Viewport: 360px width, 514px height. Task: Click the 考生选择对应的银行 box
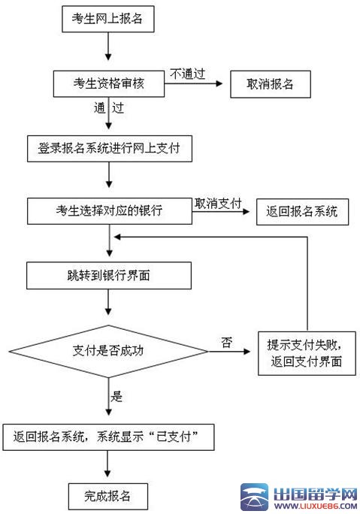[109, 211]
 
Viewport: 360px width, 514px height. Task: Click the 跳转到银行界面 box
[109, 275]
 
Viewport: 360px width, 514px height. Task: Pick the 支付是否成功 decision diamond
[109, 350]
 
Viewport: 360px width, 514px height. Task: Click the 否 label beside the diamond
[226, 342]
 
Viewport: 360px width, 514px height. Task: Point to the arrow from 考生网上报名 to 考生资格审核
[109, 47]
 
